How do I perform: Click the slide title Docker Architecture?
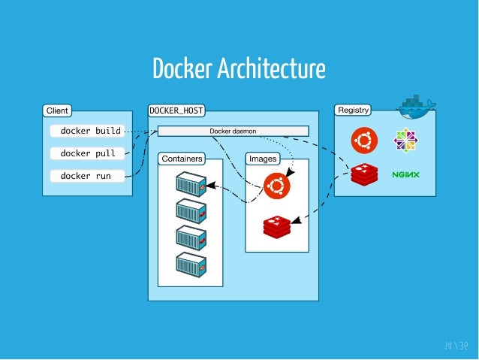pyautogui.click(x=239, y=69)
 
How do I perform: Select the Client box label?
pyautogui.click(x=57, y=110)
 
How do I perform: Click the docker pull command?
pyautogui.click(x=87, y=153)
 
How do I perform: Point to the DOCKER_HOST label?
pyautogui.click(x=176, y=110)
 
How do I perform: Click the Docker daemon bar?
pyautogui.click(x=233, y=132)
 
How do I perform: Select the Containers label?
pyautogui.click(x=181, y=159)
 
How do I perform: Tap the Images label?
pyautogui.click(x=262, y=159)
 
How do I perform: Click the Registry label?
pyautogui.click(x=353, y=110)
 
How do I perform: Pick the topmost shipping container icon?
pyautogui.click(x=190, y=185)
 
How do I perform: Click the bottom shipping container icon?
pyautogui.click(x=190, y=265)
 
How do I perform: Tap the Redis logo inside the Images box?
pyautogui.click(x=276, y=225)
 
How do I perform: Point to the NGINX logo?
pyautogui.click(x=405, y=175)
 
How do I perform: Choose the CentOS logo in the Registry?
pyautogui.click(x=405, y=140)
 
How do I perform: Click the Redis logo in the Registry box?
pyautogui.click(x=364, y=174)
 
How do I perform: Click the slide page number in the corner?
pyautogui.click(x=454, y=346)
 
